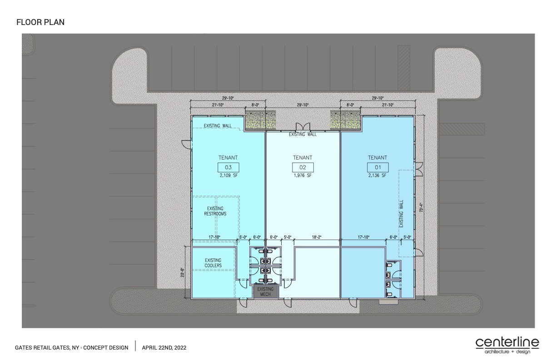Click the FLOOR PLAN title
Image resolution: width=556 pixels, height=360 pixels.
click(x=40, y=22)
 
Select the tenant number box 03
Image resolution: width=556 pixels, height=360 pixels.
click(x=228, y=167)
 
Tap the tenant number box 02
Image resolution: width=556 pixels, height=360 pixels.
click(x=303, y=167)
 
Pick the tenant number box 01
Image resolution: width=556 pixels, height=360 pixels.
click(x=378, y=167)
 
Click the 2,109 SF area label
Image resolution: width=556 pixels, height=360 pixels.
click(x=228, y=175)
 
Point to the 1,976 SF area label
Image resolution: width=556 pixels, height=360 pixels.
click(x=303, y=175)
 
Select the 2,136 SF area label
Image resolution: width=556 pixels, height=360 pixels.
click(x=377, y=175)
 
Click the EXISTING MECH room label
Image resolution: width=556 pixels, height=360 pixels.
click(x=265, y=292)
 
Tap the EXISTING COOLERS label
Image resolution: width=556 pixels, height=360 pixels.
click(x=213, y=263)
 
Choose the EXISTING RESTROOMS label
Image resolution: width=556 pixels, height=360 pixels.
click(x=215, y=211)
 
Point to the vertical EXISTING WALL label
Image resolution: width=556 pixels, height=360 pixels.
click(x=402, y=214)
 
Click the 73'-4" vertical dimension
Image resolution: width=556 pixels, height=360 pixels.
click(x=421, y=208)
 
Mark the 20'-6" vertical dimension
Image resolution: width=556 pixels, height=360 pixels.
click(x=183, y=273)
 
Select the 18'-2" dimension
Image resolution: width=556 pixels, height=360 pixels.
click(x=317, y=237)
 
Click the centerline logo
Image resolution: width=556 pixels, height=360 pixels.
click(x=507, y=345)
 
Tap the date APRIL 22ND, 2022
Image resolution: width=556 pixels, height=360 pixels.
click(x=164, y=348)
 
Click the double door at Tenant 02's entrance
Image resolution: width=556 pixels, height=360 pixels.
click(x=303, y=126)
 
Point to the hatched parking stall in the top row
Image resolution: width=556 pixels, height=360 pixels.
click(x=404, y=68)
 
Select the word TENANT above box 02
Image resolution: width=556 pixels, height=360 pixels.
click(x=303, y=158)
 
